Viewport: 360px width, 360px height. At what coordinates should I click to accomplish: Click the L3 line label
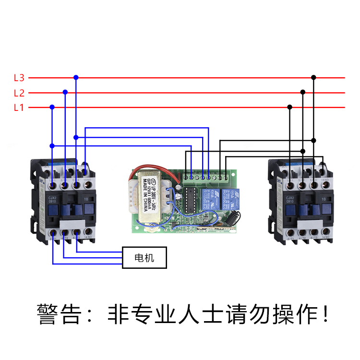click(x=19, y=77)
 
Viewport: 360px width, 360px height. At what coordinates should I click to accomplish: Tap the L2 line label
click(x=19, y=93)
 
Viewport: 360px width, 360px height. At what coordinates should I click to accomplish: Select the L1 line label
click(x=19, y=108)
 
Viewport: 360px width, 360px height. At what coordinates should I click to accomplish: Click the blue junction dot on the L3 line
click(x=75, y=77)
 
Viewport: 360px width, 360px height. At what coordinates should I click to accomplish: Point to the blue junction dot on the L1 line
click(x=52, y=107)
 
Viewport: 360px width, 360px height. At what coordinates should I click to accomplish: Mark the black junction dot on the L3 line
click(x=313, y=77)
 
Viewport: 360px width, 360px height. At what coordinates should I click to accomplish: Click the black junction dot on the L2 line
click(x=303, y=92)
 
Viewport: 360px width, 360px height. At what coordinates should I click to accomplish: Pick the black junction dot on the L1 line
click(x=290, y=107)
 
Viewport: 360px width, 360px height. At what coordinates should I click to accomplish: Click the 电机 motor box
click(x=144, y=258)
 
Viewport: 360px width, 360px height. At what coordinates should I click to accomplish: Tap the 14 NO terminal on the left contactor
click(x=87, y=237)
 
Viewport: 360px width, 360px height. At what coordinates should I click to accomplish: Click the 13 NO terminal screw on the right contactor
click(x=325, y=183)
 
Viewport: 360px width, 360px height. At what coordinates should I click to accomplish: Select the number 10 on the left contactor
click(x=85, y=198)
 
